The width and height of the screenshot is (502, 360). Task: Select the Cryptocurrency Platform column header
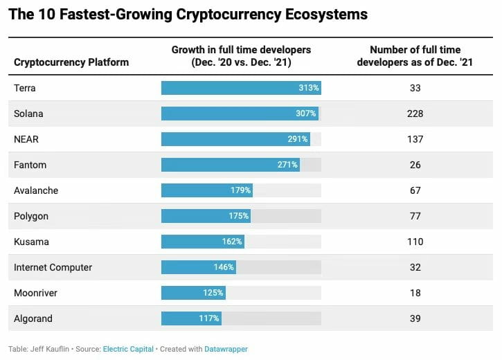coord(71,62)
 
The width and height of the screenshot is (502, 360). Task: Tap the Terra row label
coord(26,88)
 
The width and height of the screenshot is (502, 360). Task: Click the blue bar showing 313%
coord(241,88)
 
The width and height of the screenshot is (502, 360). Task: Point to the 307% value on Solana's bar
coord(305,114)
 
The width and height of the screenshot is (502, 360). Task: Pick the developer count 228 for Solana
coord(415,114)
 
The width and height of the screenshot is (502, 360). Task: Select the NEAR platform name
coord(26,139)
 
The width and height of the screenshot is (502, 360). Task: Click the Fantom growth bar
coord(231,165)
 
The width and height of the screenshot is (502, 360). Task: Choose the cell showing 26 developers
coord(415,165)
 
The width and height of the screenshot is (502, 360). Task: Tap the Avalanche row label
coord(36,190)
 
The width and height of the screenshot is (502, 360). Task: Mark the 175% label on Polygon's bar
coord(238,216)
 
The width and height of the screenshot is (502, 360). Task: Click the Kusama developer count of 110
coord(415,242)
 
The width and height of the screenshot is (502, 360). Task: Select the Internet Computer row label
coord(53,267)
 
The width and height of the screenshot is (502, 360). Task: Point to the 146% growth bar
coord(199,267)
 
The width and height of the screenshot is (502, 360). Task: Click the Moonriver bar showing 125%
coord(193,293)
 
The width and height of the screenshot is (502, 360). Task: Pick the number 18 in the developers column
coord(415,293)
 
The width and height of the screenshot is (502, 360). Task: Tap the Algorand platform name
coord(33,318)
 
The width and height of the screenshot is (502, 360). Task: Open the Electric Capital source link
coord(128,349)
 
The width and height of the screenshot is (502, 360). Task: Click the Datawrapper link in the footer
coord(226,349)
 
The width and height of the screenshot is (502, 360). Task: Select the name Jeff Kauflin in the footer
coord(49,349)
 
